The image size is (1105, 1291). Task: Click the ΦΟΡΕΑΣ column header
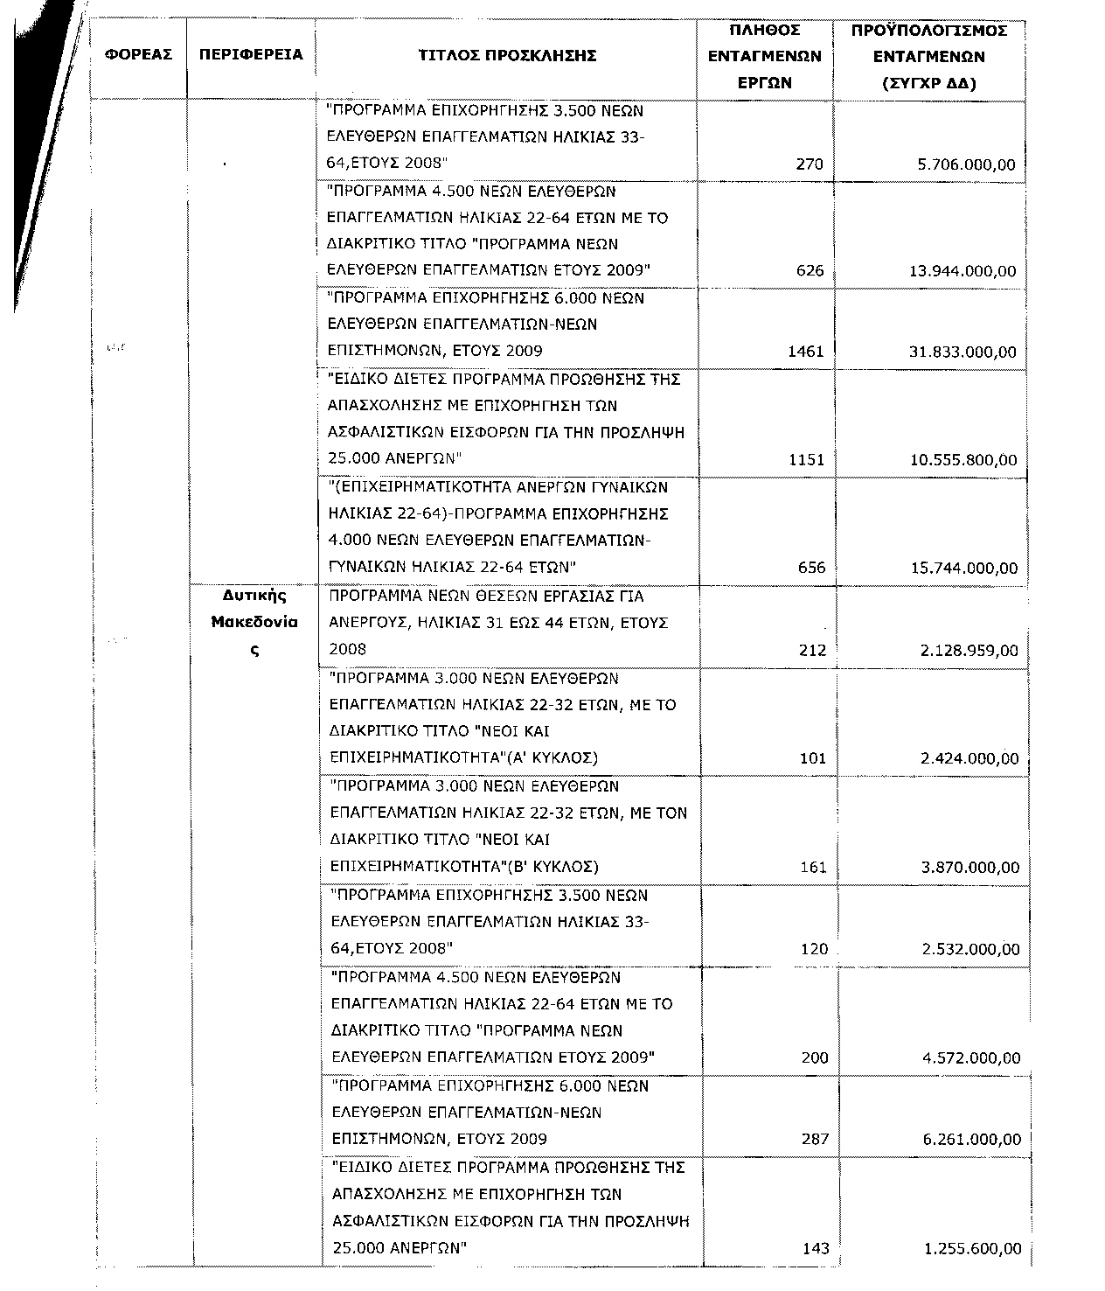[138, 55]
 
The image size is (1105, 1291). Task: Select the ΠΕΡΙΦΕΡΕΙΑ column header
[251, 55]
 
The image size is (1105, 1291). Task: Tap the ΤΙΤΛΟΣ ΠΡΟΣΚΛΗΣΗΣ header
[507, 56]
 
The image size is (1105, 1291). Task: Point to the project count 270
[810, 164]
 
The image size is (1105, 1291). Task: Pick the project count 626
[810, 271]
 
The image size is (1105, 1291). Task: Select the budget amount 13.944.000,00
[963, 271]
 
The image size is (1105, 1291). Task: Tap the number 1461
[806, 352]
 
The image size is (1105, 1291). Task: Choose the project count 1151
[806, 460]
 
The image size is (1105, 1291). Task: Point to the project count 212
[812, 650]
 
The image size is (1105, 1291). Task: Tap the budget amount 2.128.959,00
[969, 650]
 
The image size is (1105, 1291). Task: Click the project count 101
[813, 758]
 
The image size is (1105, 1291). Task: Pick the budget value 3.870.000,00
[970, 868]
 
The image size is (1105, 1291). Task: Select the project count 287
[815, 1140]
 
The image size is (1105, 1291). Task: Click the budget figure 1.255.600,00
[972, 1249]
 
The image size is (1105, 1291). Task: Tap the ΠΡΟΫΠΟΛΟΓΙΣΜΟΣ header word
[929, 31]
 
